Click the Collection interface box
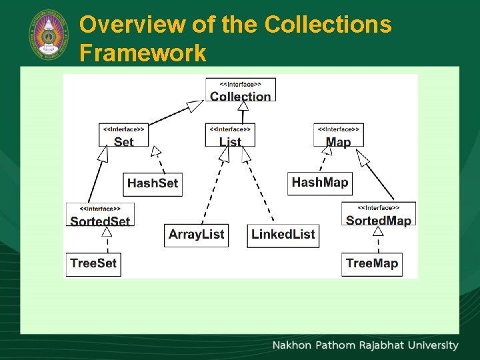[x=240, y=90]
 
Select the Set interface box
[x=123, y=135]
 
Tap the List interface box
[x=230, y=135]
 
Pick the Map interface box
[x=338, y=135]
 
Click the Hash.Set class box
[x=153, y=183]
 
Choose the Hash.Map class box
[x=320, y=183]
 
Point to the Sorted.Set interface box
[x=100, y=215]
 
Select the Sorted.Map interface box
[x=379, y=214]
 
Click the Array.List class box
[x=196, y=235]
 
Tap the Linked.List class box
[x=283, y=235]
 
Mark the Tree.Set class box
[x=93, y=263]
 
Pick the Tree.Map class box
[x=371, y=263]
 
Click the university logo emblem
[x=49, y=34]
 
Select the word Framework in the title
[x=143, y=53]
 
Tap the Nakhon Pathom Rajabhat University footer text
[x=365, y=345]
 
